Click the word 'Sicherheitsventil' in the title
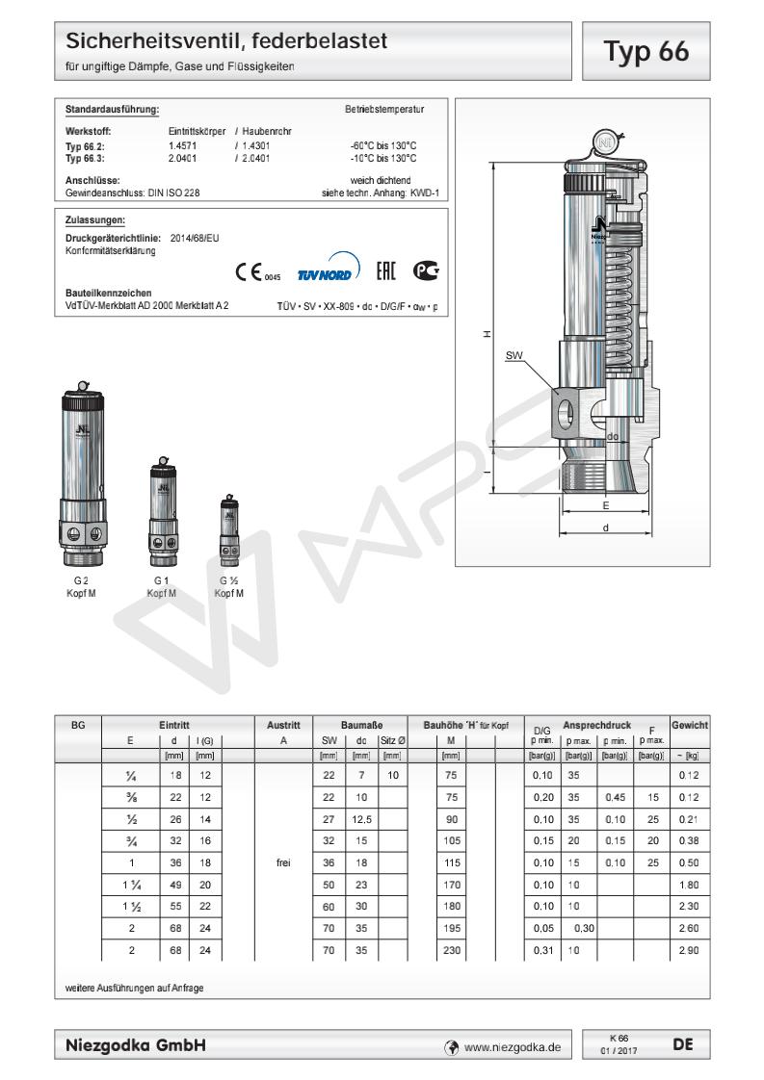pos(145,42)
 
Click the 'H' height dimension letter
pos(487,335)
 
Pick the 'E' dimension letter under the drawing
pos(605,504)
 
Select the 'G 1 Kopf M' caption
pos(162,586)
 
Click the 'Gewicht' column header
pos(690,723)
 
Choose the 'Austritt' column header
pos(282,723)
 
